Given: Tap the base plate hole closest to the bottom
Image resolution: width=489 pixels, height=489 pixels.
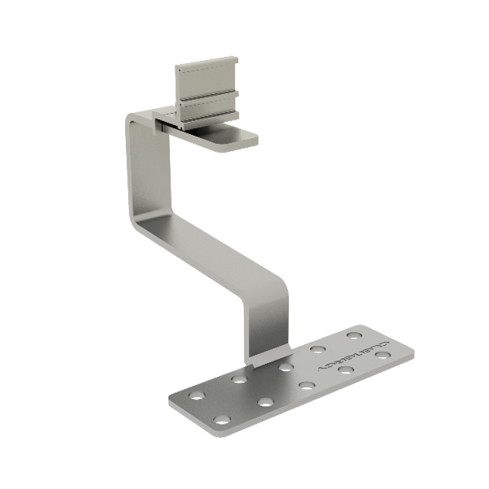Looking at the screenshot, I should tap(221, 419).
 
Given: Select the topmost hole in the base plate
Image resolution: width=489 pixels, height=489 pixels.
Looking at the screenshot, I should tap(353, 335).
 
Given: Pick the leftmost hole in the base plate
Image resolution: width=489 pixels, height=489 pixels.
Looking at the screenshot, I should tap(196, 396).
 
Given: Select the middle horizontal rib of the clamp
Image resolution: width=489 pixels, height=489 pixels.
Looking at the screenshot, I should tap(209, 96).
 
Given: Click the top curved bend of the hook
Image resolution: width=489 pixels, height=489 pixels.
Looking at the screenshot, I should tap(136, 120).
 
